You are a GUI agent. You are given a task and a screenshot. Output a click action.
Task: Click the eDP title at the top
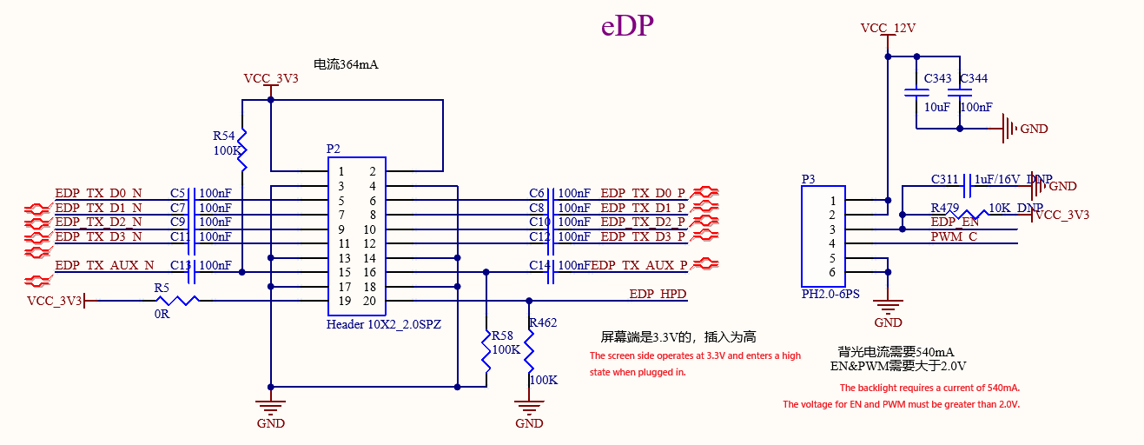pyautogui.click(x=627, y=25)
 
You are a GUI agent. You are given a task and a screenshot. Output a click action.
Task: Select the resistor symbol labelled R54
pyautogui.click(x=242, y=150)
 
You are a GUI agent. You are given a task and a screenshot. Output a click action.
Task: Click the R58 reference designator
pyautogui.click(x=502, y=335)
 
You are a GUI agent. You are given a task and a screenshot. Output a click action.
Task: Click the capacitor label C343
pyautogui.click(x=937, y=78)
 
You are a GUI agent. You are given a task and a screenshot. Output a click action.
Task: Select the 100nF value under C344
pyautogui.click(x=976, y=107)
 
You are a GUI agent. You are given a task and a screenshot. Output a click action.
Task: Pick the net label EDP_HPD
pyautogui.click(x=658, y=294)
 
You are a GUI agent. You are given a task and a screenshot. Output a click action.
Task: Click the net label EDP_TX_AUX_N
pyautogui.click(x=105, y=265)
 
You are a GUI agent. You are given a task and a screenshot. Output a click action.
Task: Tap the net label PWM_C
pyautogui.click(x=954, y=236)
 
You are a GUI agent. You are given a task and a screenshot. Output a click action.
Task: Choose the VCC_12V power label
pyautogui.click(x=888, y=28)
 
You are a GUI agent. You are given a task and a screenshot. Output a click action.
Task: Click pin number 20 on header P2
pyautogui.click(x=369, y=301)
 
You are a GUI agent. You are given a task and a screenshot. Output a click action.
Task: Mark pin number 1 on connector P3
pyautogui.click(x=832, y=201)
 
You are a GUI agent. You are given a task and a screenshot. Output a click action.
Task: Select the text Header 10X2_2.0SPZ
pyautogui.click(x=384, y=324)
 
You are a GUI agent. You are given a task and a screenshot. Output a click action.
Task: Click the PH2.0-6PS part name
pyautogui.click(x=830, y=294)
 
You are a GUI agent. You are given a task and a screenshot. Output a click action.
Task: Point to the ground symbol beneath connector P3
pyautogui.click(x=888, y=307)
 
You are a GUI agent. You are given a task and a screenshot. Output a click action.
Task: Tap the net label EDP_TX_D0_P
pyautogui.click(x=643, y=193)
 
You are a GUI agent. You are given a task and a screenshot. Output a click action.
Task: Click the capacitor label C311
pyautogui.click(x=944, y=179)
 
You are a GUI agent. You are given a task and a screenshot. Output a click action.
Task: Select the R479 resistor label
pyautogui.click(x=945, y=208)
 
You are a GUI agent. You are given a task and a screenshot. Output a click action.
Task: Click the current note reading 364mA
pyautogui.click(x=346, y=64)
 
